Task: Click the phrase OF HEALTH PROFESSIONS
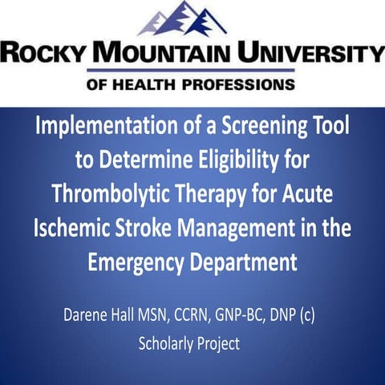coord(191,83)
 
